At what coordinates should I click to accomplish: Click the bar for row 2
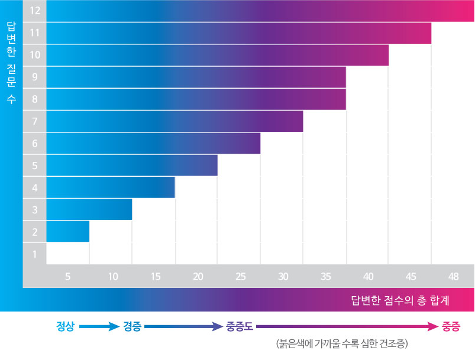click(x=68, y=232)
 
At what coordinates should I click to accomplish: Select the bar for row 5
click(x=132, y=166)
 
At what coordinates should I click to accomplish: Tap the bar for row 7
click(x=175, y=121)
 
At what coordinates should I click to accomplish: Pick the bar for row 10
click(x=218, y=55)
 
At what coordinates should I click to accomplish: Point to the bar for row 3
click(x=89, y=209)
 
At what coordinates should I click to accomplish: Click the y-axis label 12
click(x=35, y=11)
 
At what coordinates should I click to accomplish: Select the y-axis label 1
click(x=35, y=254)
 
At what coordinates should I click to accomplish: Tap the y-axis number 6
click(x=35, y=143)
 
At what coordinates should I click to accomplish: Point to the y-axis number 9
click(x=35, y=77)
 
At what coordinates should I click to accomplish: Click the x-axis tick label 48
click(x=454, y=277)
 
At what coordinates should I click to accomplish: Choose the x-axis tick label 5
click(x=67, y=277)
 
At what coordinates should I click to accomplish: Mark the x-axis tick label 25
click(x=241, y=277)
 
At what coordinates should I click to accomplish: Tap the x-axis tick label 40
click(x=369, y=277)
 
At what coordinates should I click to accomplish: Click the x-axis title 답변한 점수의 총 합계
click(x=400, y=300)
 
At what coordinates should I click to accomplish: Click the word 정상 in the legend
click(x=65, y=326)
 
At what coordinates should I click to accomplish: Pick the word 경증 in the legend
click(x=132, y=326)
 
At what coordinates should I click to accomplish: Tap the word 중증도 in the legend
click(x=240, y=326)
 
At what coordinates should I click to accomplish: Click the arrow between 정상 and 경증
click(x=99, y=326)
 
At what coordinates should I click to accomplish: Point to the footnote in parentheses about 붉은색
click(x=342, y=343)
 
